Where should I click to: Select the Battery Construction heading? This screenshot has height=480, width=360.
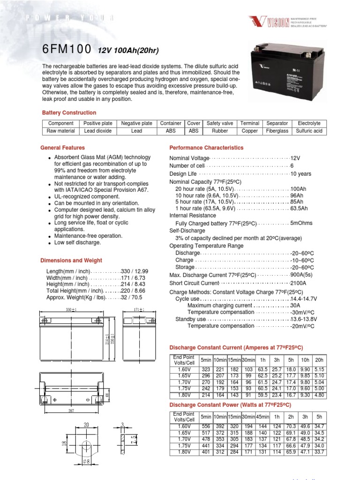pyautogui.click(x=69, y=113)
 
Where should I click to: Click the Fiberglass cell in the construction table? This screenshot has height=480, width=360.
pyautogui.click(x=277, y=131)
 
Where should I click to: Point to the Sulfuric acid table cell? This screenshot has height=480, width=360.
pyautogui.click(x=309, y=131)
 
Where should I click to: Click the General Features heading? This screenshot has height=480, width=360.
pyautogui.click(x=63, y=148)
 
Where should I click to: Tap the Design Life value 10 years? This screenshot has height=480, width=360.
pyautogui.click(x=300, y=174)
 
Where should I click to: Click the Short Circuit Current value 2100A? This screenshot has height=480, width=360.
pyautogui.click(x=298, y=284)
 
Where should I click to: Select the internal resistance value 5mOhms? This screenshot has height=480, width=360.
pyautogui.click(x=302, y=223)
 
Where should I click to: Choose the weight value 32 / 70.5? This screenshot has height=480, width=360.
pyautogui.click(x=131, y=298)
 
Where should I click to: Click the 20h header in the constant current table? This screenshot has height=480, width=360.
pyautogui.click(x=319, y=360)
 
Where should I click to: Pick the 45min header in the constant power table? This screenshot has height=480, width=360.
pyautogui.click(x=262, y=416)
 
